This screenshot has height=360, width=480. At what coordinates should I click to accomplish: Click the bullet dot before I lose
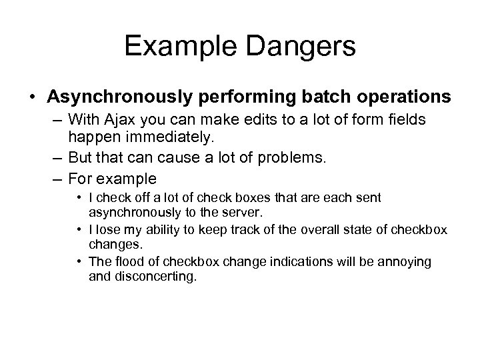coord(79,230)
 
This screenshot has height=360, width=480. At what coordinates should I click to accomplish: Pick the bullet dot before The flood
coord(79,261)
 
